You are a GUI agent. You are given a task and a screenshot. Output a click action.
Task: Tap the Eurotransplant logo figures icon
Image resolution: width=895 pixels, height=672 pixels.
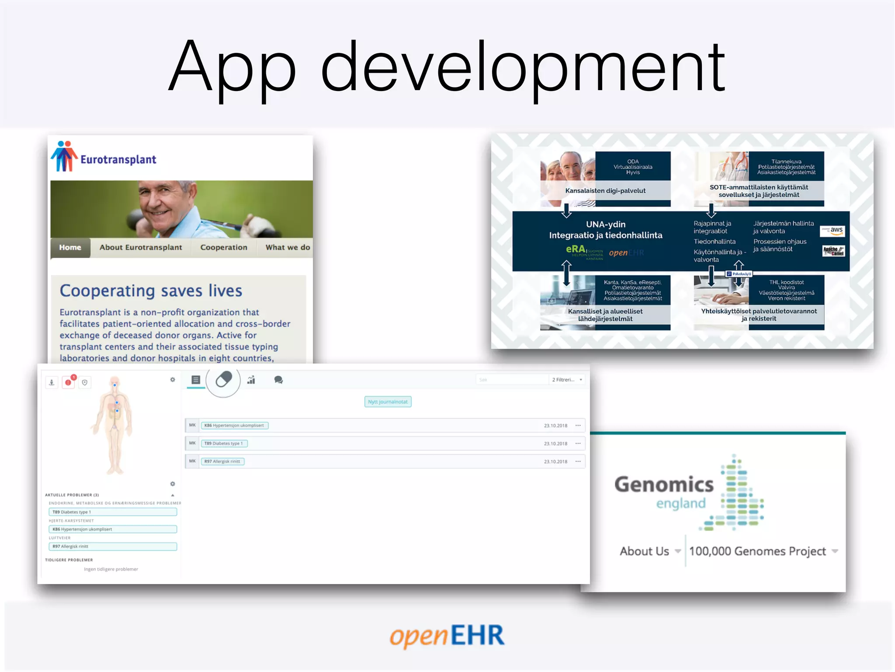64,156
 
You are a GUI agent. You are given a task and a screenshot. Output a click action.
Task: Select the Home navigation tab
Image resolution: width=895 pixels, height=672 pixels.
70,248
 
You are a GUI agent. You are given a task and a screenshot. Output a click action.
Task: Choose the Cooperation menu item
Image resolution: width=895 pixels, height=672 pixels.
223,248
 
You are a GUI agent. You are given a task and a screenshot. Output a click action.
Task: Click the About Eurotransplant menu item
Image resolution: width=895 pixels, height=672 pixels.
140,248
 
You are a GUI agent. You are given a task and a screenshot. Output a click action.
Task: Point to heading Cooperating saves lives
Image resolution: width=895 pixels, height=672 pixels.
151,291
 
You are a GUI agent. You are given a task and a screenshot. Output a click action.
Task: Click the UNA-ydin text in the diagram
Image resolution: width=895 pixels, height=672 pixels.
605,224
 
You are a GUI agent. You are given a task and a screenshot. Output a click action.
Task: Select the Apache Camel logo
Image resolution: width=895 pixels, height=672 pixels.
833,251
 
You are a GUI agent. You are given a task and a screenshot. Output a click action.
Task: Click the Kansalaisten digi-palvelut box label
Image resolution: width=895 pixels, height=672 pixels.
605,191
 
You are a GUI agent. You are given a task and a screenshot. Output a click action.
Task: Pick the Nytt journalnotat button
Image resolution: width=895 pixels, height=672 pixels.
388,402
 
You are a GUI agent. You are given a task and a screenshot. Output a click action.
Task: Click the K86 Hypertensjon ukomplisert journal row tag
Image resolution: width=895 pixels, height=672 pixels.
234,425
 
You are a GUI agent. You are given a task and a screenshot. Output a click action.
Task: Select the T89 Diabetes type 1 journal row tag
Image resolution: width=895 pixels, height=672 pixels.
223,443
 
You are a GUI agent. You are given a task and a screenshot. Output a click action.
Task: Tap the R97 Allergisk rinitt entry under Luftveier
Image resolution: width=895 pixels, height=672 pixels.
112,546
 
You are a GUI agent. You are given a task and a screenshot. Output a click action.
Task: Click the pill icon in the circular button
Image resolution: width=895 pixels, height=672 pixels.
223,379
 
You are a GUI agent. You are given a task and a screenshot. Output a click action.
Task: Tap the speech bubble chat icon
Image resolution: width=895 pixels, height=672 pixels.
278,380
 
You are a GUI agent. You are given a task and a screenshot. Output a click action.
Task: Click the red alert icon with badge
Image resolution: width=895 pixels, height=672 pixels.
69,382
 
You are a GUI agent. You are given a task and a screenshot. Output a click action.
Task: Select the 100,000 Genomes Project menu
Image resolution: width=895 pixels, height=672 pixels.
757,551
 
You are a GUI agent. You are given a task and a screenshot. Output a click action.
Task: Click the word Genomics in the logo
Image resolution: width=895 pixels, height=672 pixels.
664,485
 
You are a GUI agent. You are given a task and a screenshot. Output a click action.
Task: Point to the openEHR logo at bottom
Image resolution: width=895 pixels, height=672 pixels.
447,636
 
